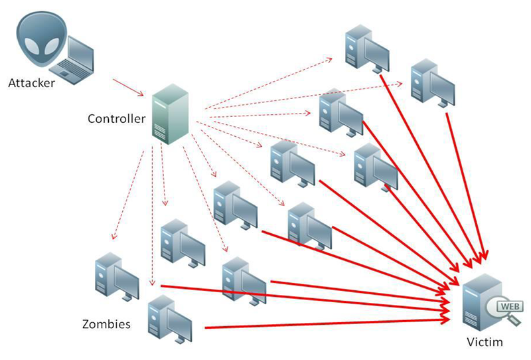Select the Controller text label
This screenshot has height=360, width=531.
pos(116,119)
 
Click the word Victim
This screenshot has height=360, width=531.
pos(485,343)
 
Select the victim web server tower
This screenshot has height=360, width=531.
pos(480,302)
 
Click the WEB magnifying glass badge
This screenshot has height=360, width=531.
pos(504,308)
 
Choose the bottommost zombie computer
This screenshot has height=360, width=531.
pos(168,322)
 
